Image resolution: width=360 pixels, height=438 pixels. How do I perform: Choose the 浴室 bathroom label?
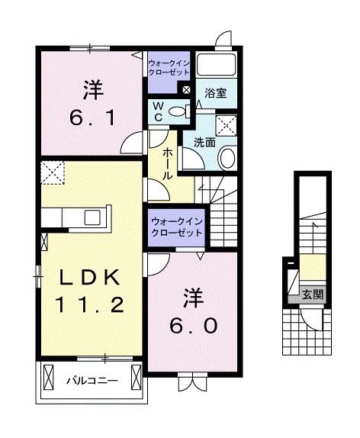216,94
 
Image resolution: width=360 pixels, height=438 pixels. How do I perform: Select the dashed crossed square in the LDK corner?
54,172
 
